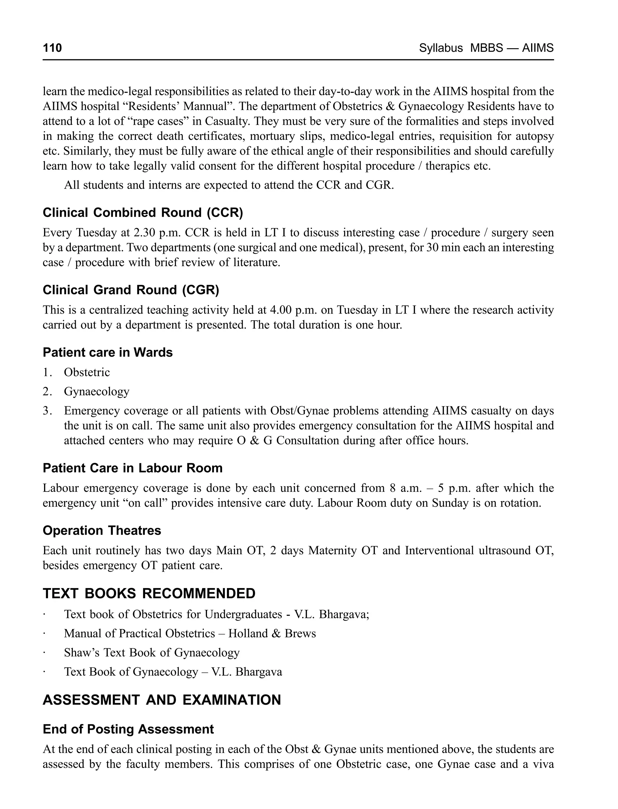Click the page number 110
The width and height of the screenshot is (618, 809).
[x=52, y=48]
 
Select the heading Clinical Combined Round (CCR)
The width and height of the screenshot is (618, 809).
[x=143, y=213]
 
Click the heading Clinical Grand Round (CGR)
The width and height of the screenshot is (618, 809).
[x=131, y=290]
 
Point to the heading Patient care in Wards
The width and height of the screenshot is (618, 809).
[x=107, y=352]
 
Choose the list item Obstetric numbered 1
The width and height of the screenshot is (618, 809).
[x=87, y=372]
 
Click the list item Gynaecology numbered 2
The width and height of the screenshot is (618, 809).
[x=96, y=391]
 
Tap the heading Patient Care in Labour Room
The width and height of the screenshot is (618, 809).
[x=132, y=468]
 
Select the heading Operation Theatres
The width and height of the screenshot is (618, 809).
[x=102, y=530]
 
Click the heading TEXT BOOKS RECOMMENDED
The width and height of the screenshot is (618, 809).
[x=149, y=594]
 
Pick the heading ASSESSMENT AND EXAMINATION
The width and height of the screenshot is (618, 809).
[x=161, y=700]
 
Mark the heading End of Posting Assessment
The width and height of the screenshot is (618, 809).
[x=128, y=729]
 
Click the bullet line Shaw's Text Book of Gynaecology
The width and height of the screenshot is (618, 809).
[x=151, y=653]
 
